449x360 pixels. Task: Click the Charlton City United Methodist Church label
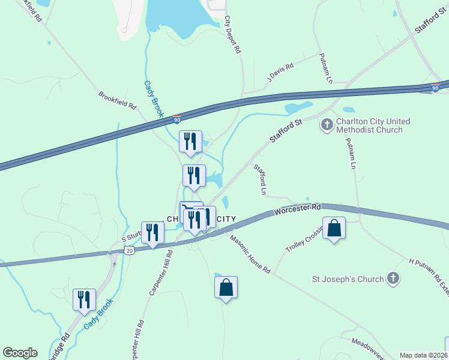(373, 125)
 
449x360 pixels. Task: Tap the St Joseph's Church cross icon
(393, 278)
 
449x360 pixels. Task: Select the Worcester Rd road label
(298, 209)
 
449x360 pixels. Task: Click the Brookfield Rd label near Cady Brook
(118, 100)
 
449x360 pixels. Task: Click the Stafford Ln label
(260, 180)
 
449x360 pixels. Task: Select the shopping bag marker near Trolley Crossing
(334, 229)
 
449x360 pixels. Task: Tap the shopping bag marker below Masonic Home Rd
(226, 288)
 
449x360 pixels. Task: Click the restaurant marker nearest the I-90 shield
(190, 142)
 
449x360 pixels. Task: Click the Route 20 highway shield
(128, 249)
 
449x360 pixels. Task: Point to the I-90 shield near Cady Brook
(177, 120)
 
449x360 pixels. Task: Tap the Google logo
(20, 353)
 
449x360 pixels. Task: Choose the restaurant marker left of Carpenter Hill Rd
(152, 233)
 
